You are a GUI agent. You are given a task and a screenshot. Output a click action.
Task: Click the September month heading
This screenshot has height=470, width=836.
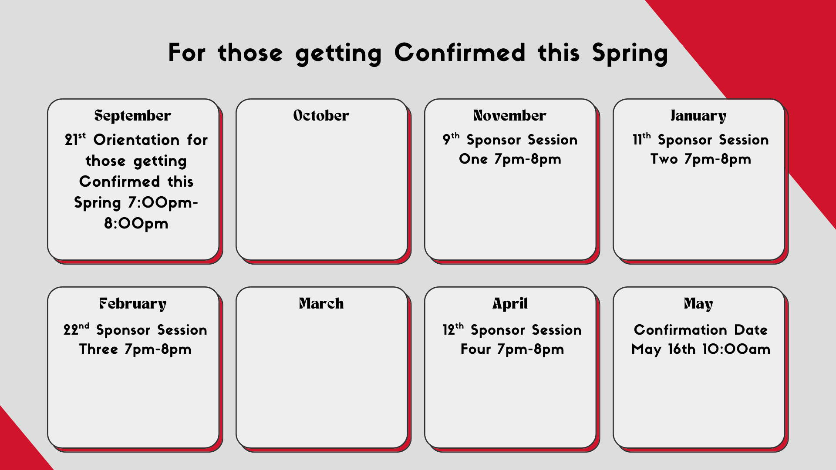[x=133, y=116]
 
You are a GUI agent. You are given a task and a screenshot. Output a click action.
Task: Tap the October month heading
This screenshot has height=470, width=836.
[x=321, y=115]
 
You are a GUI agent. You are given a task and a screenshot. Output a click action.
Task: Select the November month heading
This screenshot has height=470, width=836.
[x=510, y=115]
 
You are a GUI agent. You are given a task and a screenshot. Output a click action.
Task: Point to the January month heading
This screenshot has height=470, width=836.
[x=698, y=116]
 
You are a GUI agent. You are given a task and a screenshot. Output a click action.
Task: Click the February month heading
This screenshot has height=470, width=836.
[x=133, y=304]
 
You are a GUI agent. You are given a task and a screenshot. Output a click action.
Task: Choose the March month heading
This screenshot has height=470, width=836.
[x=321, y=303]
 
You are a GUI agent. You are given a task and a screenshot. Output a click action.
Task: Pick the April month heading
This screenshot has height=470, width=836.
[x=510, y=304]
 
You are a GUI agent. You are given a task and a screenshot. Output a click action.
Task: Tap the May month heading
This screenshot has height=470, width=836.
[x=698, y=304]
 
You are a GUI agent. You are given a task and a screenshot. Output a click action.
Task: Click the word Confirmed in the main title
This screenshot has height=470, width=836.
[x=460, y=53]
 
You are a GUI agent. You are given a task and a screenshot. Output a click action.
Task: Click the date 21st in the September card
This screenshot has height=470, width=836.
[x=75, y=139]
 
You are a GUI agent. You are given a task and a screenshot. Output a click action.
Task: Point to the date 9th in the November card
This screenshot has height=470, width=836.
[x=451, y=139]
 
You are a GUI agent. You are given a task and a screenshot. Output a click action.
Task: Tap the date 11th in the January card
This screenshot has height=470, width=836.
[x=642, y=139]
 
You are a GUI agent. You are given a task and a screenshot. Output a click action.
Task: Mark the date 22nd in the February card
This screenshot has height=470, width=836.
[x=76, y=329]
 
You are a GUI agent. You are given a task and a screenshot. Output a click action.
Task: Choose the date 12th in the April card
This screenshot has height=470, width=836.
[x=453, y=329]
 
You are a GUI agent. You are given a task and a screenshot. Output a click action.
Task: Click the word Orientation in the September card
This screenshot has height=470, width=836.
[x=136, y=140]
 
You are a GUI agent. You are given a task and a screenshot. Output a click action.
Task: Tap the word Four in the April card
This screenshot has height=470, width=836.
[x=475, y=349]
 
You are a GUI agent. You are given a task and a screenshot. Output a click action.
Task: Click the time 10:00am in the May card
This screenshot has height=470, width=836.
[x=736, y=349]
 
